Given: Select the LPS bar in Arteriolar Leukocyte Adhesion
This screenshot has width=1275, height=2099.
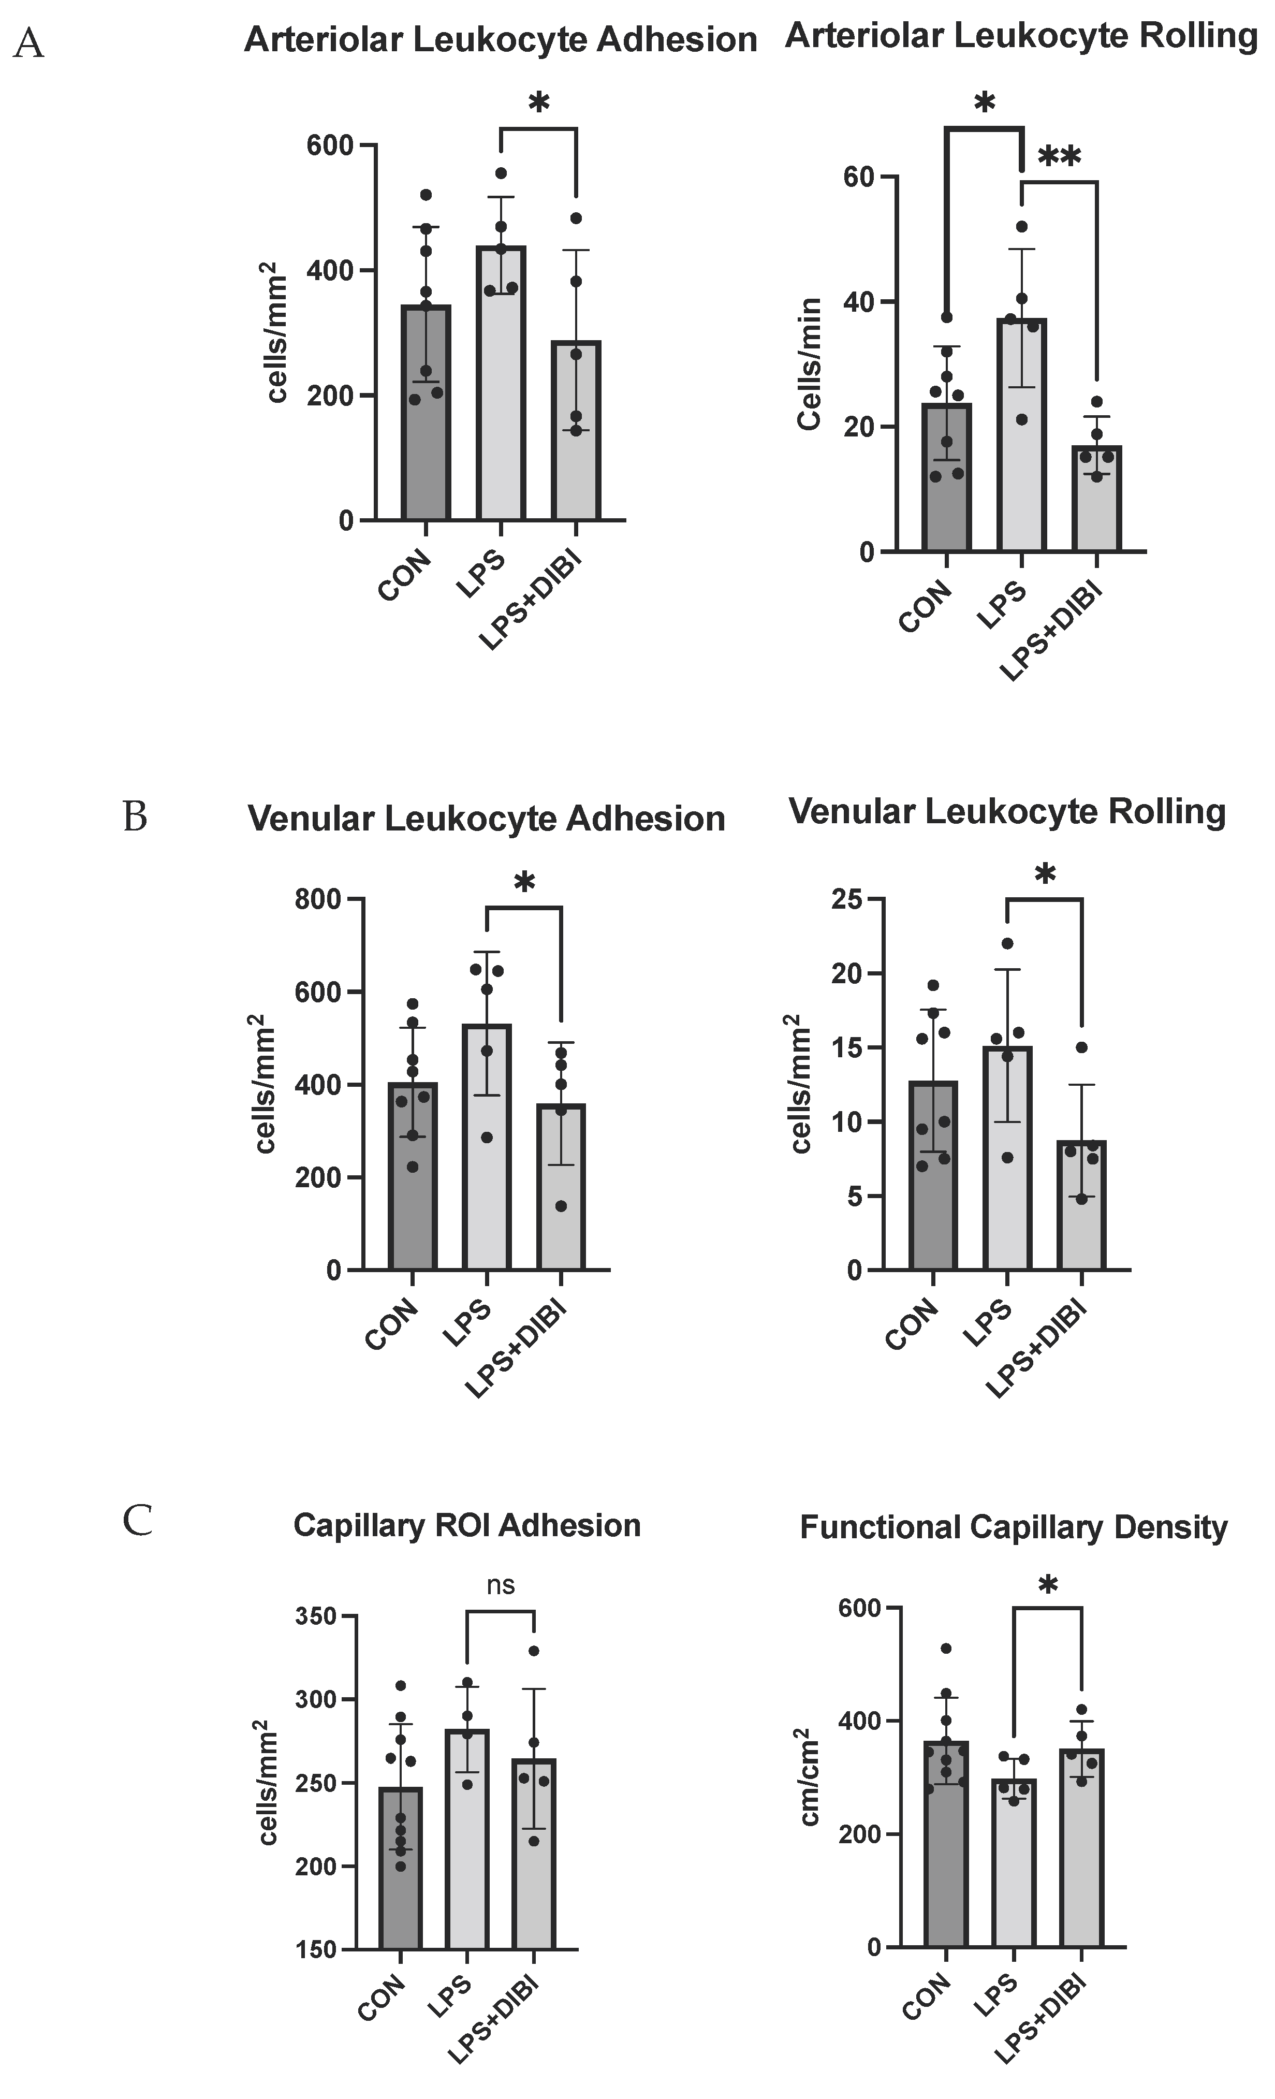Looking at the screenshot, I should [501, 383].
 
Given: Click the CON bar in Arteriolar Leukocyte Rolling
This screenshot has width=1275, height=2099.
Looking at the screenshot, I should [946, 477].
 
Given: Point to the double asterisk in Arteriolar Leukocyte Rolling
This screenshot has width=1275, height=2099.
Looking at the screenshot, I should [1059, 157].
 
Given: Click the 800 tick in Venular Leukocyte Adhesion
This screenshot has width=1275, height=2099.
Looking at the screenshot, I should [319, 899].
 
